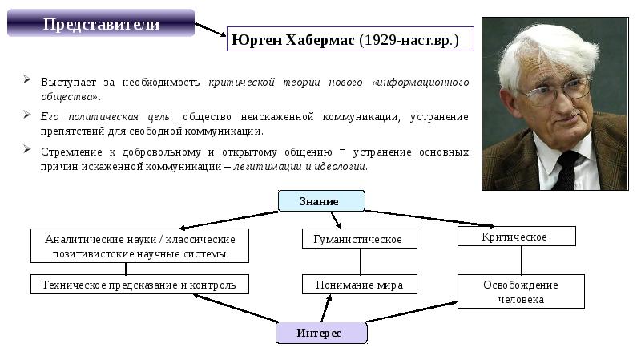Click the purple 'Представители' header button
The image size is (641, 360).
(x=101, y=24)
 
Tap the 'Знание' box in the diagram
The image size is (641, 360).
(x=320, y=200)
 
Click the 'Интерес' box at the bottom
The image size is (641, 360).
(x=320, y=333)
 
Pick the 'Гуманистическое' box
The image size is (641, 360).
(x=360, y=238)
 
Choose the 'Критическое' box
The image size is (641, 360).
(x=516, y=237)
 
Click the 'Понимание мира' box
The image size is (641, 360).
(x=360, y=284)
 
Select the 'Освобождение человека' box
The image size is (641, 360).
(x=520, y=292)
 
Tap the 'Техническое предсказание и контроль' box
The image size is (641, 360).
(x=139, y=284)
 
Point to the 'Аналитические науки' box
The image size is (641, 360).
(x=139, y=245)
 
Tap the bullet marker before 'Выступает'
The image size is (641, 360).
(x=26, y=80)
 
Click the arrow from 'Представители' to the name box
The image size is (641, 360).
(x=210, y=30)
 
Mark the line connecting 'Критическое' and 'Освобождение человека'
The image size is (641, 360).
(x=522, y=260)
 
